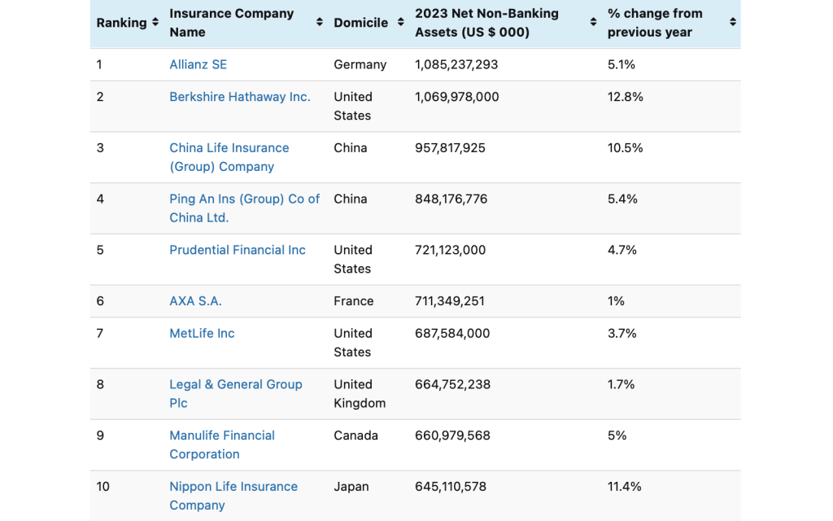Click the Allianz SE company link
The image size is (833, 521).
198,64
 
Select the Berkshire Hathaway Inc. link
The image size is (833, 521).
239,97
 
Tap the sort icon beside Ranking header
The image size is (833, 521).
155,23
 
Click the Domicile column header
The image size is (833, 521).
360,23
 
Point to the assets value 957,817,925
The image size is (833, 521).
450,148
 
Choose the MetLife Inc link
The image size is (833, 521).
202,333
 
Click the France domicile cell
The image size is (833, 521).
353,301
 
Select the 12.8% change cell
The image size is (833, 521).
625,97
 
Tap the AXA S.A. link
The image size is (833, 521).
195,301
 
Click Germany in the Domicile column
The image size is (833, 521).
360,64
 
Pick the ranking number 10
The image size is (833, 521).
102,487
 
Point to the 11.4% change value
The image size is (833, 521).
624,487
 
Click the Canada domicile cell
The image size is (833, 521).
355,436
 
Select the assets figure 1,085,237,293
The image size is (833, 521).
456,64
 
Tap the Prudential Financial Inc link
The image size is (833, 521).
237,250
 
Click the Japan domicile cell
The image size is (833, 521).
351,487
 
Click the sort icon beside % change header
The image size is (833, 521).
732,23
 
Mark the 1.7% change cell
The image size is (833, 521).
621,384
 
